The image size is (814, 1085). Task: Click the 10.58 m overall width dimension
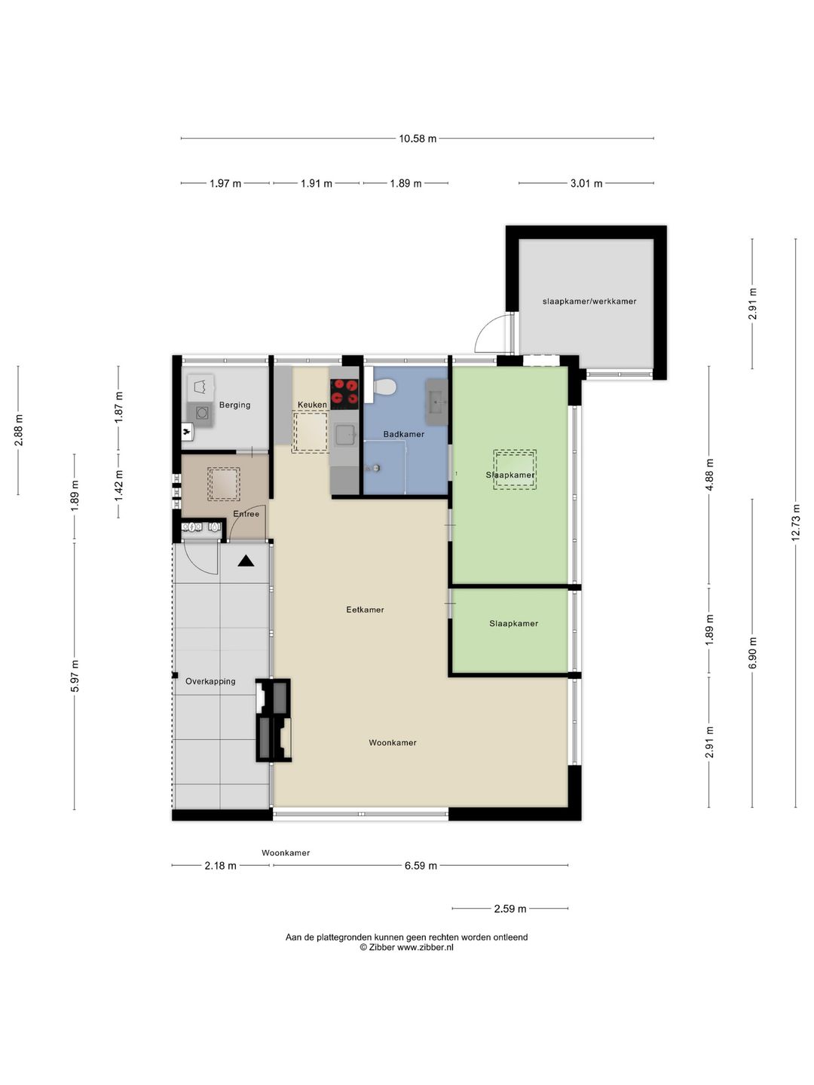point(418,139)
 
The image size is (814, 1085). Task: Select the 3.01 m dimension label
point(586,183)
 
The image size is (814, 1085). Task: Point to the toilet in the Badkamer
point(384,387)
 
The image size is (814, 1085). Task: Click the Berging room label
point(234,405)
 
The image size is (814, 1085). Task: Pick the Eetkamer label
point(365,610)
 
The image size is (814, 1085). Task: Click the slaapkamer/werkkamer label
point(589,301)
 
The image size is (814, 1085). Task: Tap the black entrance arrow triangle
point(246,561)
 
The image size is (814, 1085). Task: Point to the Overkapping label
point(210,681)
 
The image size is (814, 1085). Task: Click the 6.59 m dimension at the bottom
point(421,866)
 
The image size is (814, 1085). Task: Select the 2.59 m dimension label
point(510,909)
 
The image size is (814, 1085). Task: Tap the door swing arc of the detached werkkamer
point(490,335)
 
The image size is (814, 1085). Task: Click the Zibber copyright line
point(406,948)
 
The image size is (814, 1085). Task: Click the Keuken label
point(312,405)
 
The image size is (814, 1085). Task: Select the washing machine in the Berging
point(202,412)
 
